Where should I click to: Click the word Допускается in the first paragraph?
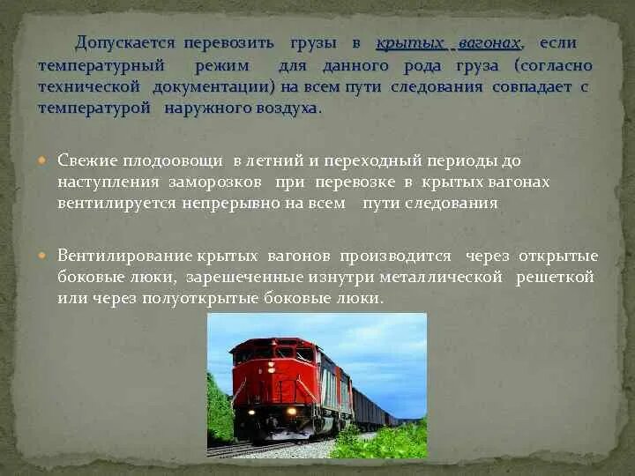125,43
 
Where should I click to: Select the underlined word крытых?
407,43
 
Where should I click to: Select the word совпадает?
527,87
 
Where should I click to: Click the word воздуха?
286,108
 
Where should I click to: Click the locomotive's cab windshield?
274,351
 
